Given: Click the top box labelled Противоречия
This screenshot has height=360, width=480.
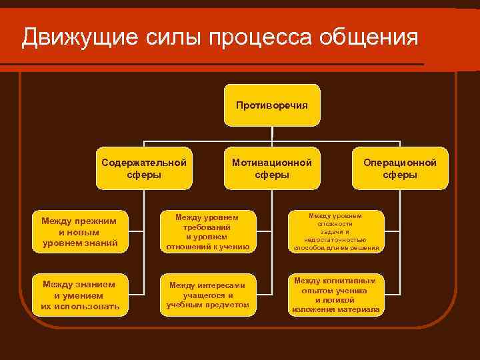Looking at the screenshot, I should [x=272, y=105].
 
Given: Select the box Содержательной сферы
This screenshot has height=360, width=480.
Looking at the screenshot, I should [x=144, y=168].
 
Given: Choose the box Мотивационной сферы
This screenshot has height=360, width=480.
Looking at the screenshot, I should [x=272, y=168].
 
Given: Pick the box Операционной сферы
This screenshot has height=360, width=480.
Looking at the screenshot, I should [x=400, y=168].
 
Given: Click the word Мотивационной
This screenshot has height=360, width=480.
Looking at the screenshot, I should [x=272, y=162].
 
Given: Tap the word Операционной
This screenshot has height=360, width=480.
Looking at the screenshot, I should [x=400, y=162].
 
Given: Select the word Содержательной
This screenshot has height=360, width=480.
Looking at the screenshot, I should [x=144, y=162].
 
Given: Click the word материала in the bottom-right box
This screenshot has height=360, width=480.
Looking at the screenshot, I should [x=357, y=310].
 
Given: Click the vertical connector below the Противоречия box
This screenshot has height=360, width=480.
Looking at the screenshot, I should [x=272, y=134].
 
